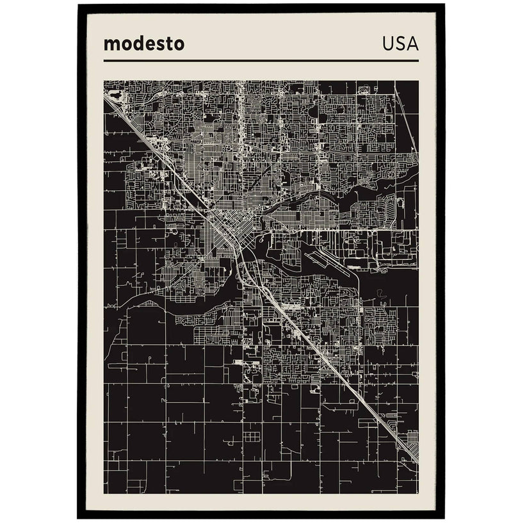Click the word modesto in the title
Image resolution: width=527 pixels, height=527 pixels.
point(143,44)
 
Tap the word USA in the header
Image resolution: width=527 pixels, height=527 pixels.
point(400,44)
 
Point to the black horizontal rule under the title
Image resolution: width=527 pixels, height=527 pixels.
point(261,61)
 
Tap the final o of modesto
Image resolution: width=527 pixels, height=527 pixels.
point(179,45)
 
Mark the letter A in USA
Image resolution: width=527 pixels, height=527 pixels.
point(412,44)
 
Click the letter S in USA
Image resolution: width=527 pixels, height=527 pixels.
point(400,44)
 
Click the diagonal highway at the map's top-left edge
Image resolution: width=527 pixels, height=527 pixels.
point(125,116)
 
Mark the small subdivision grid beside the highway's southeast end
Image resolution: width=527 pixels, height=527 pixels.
point(412,438)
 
